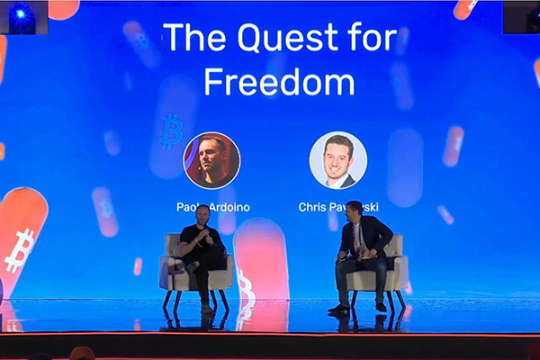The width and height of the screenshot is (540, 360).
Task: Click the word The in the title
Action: pos(192,39)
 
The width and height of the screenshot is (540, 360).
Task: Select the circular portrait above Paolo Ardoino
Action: pos(211,160)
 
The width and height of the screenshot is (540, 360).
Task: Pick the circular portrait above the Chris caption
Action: pos(337,160)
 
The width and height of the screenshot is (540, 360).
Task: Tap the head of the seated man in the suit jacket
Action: pos(353,211)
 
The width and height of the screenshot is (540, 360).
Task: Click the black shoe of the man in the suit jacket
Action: pos(338,309)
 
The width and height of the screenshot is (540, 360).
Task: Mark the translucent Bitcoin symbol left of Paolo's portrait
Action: pos(170,130)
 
